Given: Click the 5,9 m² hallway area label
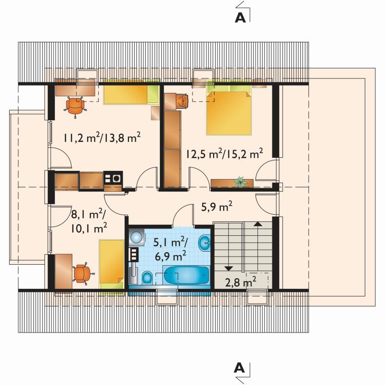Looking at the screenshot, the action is [217, 206].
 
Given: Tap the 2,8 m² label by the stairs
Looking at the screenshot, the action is [241, 282].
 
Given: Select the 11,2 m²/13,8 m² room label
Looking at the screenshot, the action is [102, 138].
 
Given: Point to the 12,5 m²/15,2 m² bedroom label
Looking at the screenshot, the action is [224, 154].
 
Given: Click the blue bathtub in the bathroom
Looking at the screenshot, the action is [186, 275].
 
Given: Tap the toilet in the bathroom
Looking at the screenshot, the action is [147, 278].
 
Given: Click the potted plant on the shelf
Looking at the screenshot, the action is [239, 182].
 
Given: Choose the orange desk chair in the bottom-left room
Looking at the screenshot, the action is [83, 274].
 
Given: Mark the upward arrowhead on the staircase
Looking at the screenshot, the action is [257, 224].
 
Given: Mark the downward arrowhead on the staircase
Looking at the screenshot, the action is [229, 269].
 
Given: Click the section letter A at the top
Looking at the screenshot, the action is [240, 17].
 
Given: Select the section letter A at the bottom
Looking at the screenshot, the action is [239, 368].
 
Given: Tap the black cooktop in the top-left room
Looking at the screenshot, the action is [113, 177].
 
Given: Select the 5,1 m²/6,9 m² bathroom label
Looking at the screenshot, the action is [170, 249].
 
